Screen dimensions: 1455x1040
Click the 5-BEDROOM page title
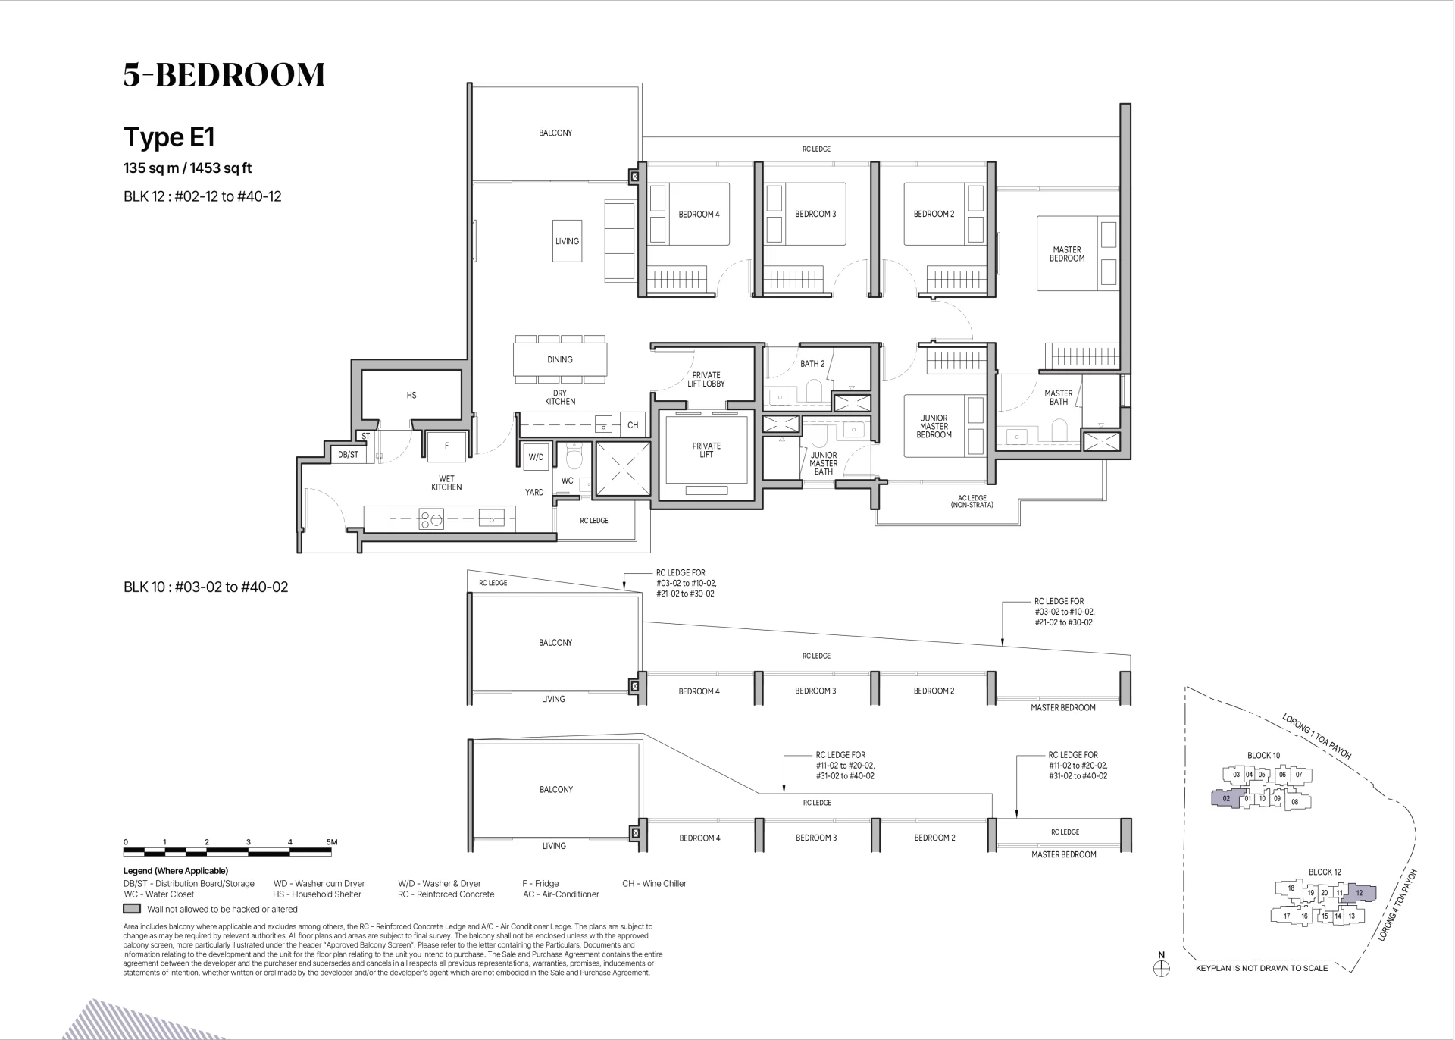224,74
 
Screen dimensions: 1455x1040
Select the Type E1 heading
170,137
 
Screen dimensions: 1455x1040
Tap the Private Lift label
706,450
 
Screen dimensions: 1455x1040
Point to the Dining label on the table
560,359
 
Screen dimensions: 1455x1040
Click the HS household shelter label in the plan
411,395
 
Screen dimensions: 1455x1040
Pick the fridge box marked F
446,446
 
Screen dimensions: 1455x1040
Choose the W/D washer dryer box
537,457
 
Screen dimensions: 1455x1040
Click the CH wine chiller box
633,425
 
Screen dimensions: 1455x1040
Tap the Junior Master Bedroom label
934,426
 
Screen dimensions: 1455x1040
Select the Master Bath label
1059,397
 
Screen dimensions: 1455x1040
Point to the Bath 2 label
812,364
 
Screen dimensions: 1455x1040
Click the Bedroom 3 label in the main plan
815,214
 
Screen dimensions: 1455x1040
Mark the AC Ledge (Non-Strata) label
972,501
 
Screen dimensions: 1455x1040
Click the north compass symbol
1162,968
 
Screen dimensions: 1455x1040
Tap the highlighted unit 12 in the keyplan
1359,894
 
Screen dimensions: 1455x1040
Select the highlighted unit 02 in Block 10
1227,798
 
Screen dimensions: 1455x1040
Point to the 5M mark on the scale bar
331,842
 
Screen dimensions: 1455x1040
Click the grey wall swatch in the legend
132,909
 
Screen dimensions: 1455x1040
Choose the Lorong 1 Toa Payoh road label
1316,736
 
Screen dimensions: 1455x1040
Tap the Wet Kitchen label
446,483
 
